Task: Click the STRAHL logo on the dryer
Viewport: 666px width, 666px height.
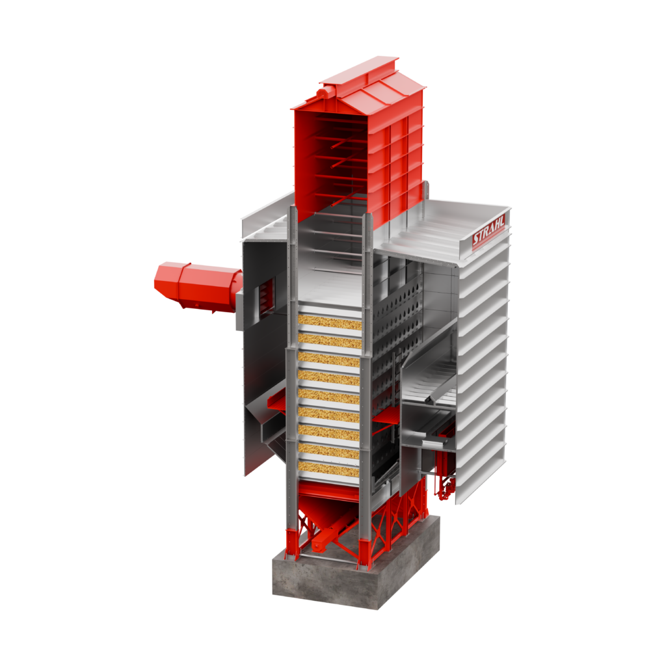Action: click(488, 231)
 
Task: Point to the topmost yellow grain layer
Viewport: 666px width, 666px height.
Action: click(330, 322)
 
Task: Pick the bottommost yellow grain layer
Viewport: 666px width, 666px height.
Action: click(328, 469)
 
